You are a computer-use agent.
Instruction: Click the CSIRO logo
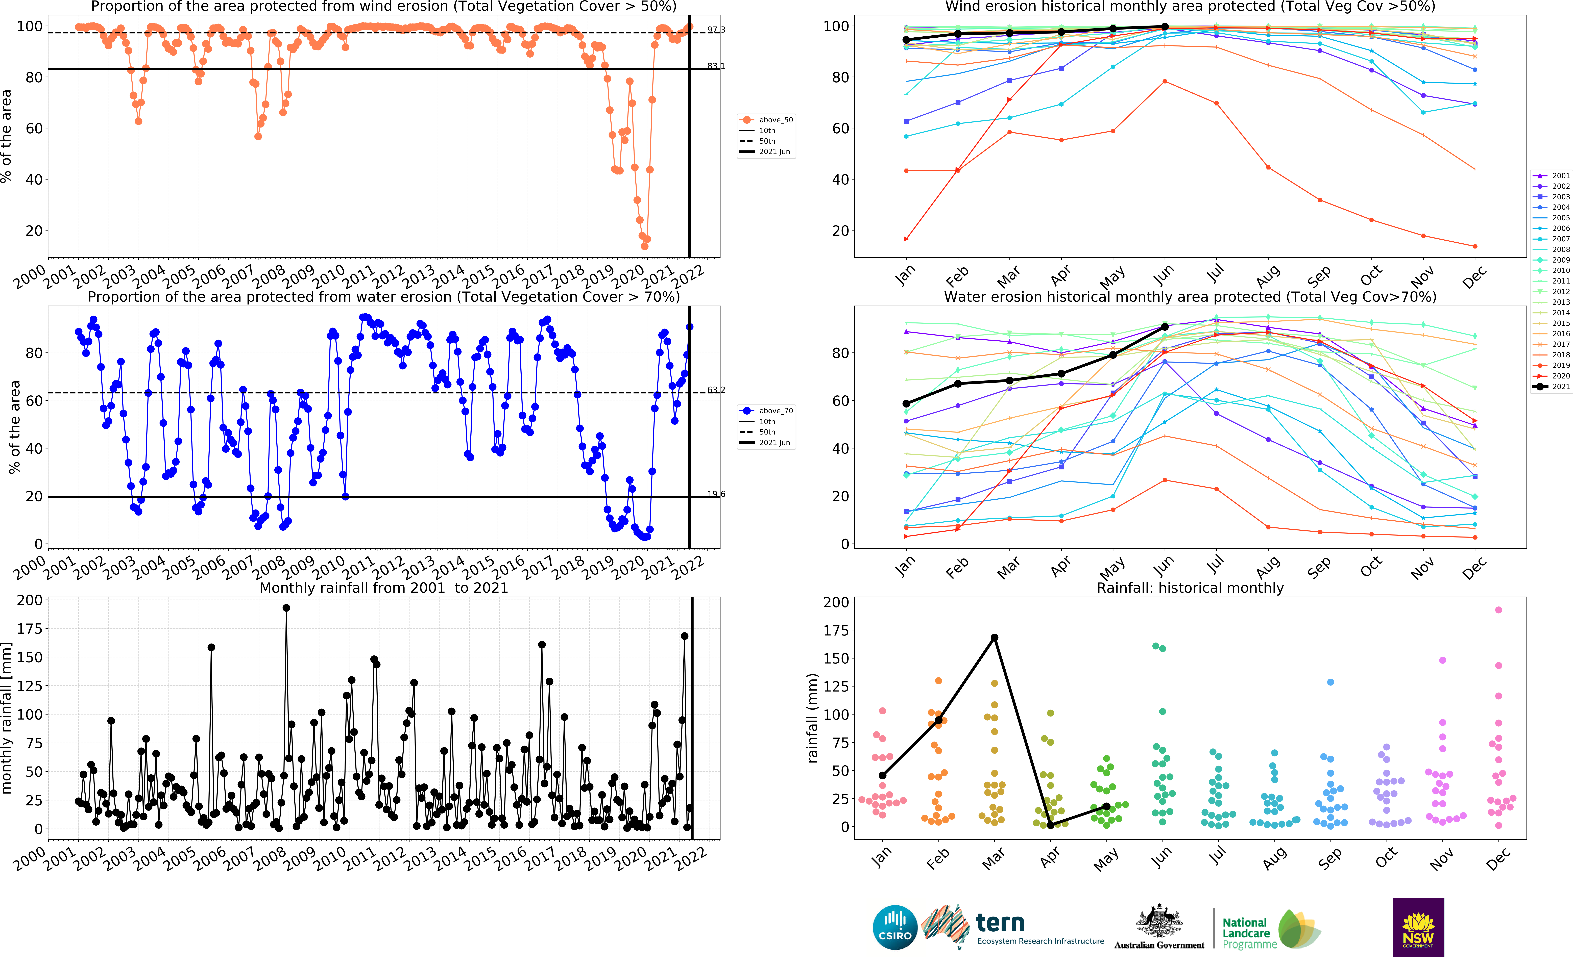click(895, 927)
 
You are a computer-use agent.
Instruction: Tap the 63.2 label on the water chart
click(716, 390)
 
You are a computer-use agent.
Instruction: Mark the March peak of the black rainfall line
click(994, 638)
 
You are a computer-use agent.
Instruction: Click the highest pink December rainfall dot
click(1498, 610)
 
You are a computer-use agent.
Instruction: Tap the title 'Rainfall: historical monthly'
click(1190, 588)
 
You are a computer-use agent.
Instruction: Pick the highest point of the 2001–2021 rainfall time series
click(286, 608)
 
